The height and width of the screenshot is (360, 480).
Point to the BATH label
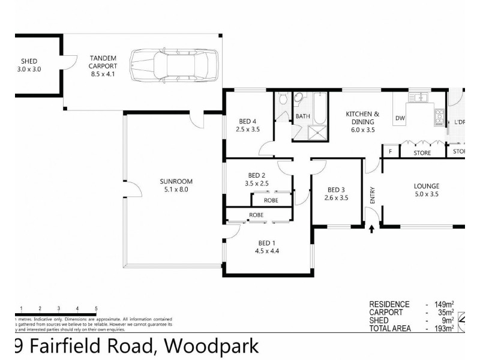coord(302,116)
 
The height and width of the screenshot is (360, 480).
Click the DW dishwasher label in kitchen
coord(400,118)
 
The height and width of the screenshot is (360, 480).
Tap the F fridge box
coord(391,152)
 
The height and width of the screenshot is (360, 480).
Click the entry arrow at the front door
coord(372,228)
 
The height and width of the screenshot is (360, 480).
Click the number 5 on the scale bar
coord(96,308)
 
